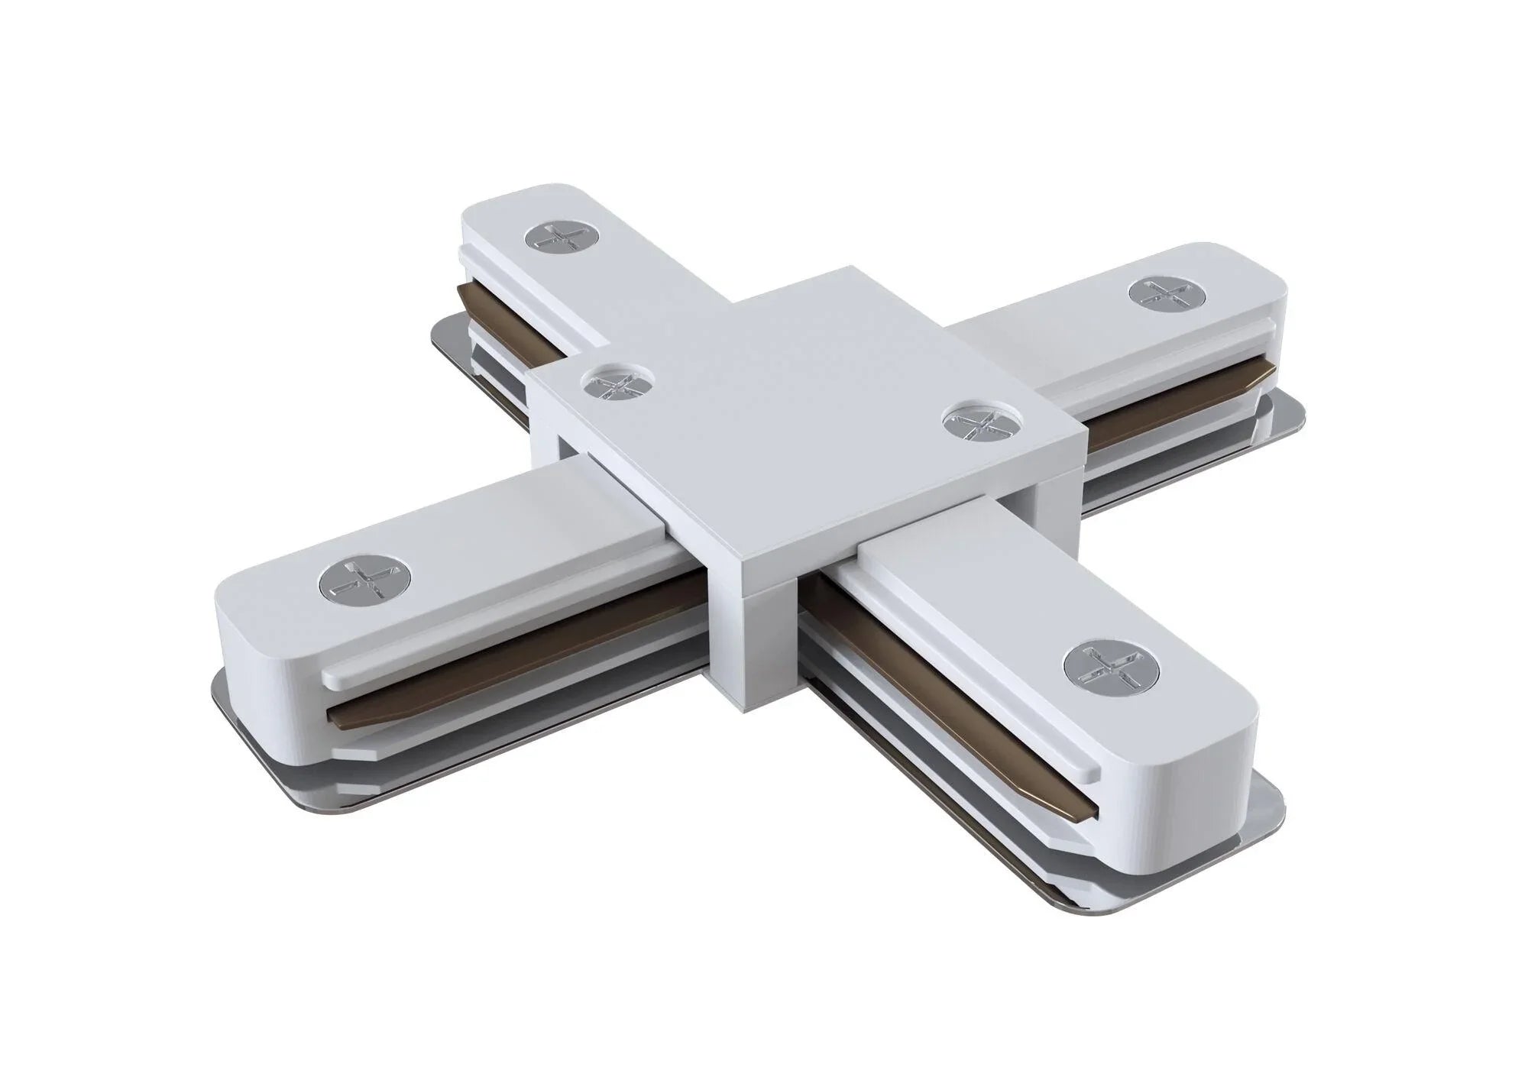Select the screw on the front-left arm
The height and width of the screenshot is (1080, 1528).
click(364, 584)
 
